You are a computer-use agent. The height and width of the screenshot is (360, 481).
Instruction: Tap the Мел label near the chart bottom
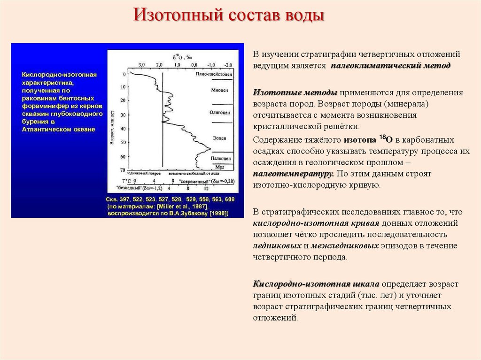click(x=219, y=167)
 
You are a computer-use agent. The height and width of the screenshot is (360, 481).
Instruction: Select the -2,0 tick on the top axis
click(x=228, y=64)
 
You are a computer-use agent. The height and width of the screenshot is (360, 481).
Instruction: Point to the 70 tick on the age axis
click(x=123, y=170)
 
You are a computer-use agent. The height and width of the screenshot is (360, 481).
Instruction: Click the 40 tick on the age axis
click(x=123, y=129)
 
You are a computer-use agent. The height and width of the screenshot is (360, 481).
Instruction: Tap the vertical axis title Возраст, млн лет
click(x=112, y=127)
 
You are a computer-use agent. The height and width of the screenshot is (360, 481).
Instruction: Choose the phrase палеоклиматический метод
click(x=390, y=65)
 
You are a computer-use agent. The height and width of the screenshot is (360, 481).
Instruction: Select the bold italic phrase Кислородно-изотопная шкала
click(x=316, y=284)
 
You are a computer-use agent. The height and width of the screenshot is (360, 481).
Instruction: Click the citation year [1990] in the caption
click(x=219, y=213)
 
